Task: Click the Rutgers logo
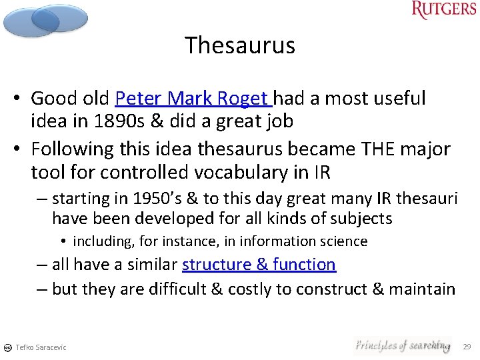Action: click(444, 10)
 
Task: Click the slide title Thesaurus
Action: click(240, 45)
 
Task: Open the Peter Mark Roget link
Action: click(193, 99)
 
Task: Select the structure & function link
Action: click(259, 265)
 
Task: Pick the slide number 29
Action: click(467, 347)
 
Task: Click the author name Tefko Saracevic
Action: click(41, 347)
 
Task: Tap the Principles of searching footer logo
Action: click(402, 345)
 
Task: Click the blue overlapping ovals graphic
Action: click(45, 20)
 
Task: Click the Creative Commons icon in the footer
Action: click(7, 347)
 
